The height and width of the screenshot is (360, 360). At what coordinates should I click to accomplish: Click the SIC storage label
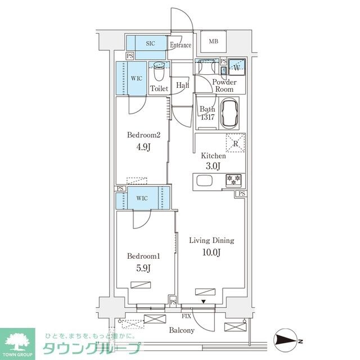pos(151,43)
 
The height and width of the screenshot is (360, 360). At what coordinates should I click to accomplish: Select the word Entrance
pos(181,46)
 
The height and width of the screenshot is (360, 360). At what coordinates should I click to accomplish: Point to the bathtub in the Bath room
pos(229,113)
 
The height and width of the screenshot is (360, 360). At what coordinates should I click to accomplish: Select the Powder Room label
pos(224,86)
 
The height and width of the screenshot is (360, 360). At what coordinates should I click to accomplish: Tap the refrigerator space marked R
pos(235,143)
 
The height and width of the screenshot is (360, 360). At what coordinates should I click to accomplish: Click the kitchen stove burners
pos(233,180)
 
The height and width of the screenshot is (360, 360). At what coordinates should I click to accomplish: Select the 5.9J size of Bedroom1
pos(143,268)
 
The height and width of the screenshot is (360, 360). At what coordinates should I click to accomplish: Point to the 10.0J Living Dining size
pos(211,252)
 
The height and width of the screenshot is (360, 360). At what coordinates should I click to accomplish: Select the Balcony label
pos(181,330)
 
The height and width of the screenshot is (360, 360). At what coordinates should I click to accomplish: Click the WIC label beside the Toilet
pos(137,79)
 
